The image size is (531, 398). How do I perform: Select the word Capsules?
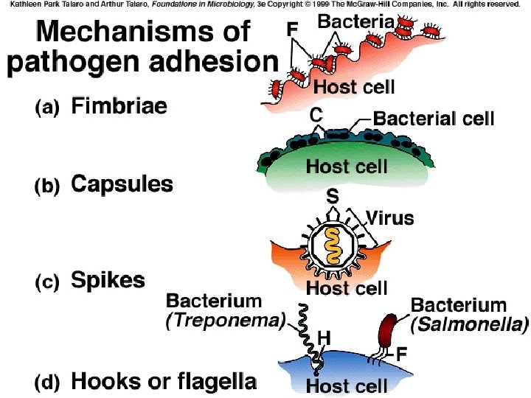(122, 184)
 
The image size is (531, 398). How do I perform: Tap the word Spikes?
(108, 280)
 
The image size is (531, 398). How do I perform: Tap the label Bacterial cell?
(434, 118)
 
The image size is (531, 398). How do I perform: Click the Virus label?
(389, 218)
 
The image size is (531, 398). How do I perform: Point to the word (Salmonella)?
(470, 323)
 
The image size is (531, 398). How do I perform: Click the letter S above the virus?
(333, 195)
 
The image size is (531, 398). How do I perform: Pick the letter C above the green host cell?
(316, 115)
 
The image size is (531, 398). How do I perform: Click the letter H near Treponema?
(323, 337)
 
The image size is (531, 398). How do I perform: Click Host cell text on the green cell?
(347, 166)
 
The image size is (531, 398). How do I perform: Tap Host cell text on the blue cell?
(347, 385)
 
